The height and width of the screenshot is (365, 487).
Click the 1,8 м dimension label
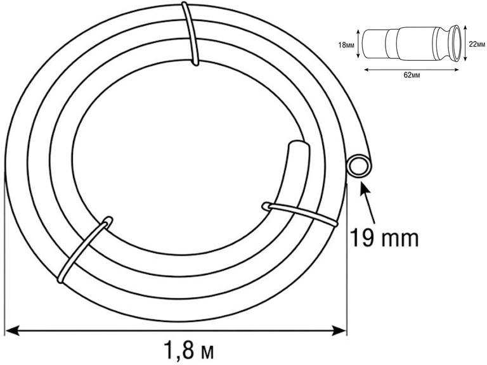tap(189, 350)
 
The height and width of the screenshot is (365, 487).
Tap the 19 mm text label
tap(384, 238)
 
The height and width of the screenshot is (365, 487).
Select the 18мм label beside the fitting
tap(346, 46)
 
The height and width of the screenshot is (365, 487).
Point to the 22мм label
tap(477, 44)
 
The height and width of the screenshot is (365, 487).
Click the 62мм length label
tap(412, 75)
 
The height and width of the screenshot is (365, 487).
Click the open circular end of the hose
tap(360, 165)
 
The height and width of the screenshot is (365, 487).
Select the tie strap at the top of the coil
tap(190, 34)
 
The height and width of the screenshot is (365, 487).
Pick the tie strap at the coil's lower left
tap(84, 249)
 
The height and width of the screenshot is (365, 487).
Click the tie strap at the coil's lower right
tap(300, 214)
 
